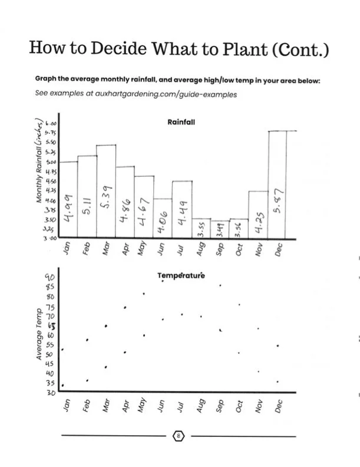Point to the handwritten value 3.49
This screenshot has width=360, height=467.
[x=220, y=229]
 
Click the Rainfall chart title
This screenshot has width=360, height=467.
[x=181, y=123]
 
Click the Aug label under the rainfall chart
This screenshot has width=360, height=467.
[x=200, y=248]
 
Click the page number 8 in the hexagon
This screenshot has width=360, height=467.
[x=179, y=436]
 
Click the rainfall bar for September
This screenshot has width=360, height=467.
[x=220, y=229]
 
